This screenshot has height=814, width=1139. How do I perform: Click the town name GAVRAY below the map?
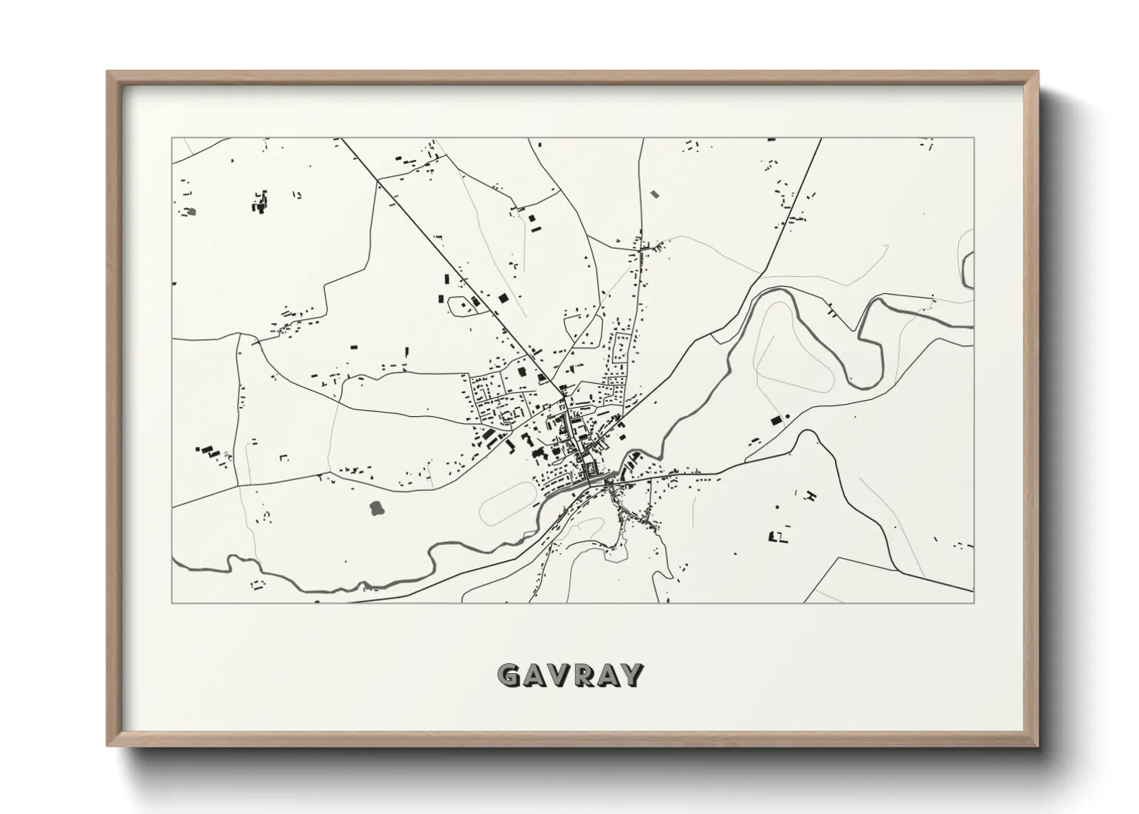click(569, 675)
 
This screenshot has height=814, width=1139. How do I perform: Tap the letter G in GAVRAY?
click(509, 675)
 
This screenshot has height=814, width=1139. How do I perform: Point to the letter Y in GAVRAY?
click(631, 675)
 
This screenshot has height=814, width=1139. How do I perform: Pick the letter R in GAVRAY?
click(583, 675)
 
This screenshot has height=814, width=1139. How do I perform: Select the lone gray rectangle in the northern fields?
click(655, 194)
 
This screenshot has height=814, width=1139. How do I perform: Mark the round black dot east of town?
click(787, 417)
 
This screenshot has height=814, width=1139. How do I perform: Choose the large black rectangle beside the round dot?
click(776, 420)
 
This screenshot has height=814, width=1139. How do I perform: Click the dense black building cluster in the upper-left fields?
click(259, 202)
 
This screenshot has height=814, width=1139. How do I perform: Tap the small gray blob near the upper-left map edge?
click(190, 210)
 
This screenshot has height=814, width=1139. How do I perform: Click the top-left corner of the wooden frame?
click(109, 72)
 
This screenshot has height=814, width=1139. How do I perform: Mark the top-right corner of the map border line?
click(974, 138)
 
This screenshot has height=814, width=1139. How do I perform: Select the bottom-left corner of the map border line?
click(172, 602)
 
